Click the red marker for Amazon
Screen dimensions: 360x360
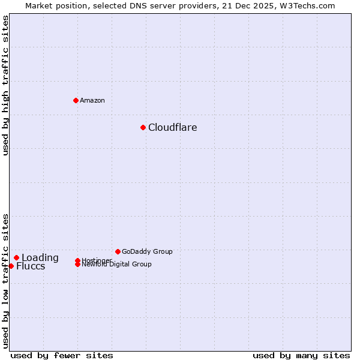(76, 100)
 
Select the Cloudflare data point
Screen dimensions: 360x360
(143, 127)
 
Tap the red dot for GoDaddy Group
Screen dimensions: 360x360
(118, 251)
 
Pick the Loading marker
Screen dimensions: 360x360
(16, 257)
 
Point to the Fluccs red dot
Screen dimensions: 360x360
(11, 266)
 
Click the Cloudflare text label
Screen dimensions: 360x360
(172, 127)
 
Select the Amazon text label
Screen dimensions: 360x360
(92, 100)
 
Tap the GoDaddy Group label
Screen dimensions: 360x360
(147, 251)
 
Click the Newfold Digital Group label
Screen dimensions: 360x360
(116, 264)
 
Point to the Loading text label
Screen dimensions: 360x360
(40, 258)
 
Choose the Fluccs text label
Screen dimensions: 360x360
(31, 266)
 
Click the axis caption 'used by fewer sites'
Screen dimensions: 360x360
(62, 355)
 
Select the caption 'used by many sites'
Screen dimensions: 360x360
(301, 355)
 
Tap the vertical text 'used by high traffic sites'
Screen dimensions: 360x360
(5, 85)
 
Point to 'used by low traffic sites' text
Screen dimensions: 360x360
(5, 280)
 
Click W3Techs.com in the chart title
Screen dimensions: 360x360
(307, 5)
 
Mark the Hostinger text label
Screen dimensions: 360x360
(96, 260)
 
